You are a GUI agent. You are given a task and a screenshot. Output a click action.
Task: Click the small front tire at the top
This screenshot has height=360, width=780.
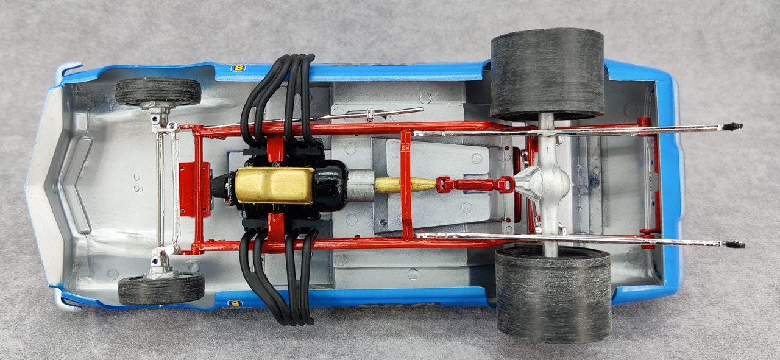[x=158, y=91]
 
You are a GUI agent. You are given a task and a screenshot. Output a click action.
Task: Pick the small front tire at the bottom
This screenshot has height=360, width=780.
[x=161, y=288]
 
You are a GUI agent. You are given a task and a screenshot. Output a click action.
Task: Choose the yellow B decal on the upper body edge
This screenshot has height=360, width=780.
[x=237, y=68]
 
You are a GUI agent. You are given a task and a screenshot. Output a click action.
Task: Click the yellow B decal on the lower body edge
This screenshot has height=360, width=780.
[x=233, y=303]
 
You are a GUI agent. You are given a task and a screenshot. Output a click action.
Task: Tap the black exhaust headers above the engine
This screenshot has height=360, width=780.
[x=278, y=97]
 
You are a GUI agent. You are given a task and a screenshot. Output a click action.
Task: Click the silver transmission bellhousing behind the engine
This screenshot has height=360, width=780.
[x=360, y=184]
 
